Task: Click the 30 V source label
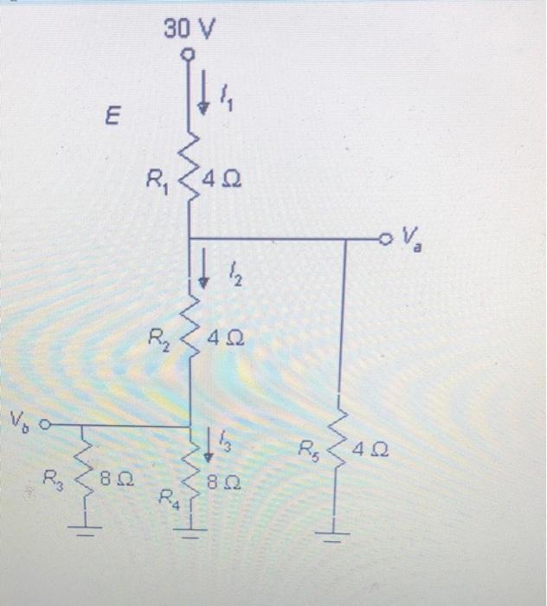click(x=189, y=30)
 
